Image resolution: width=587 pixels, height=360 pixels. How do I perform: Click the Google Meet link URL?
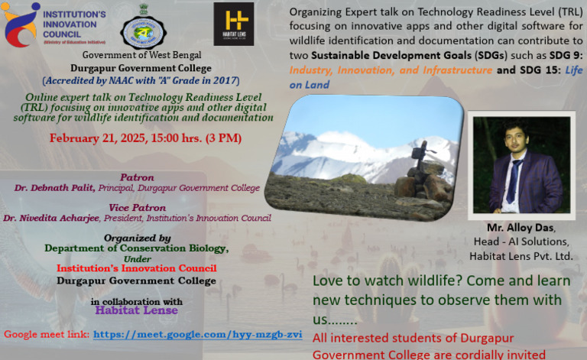click(197, 335)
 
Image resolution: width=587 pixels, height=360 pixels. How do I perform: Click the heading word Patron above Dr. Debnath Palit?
click(137, 177)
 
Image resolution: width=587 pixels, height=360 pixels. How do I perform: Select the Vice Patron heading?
click(138, 207)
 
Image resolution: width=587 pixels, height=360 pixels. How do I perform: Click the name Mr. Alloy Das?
click(521, 229)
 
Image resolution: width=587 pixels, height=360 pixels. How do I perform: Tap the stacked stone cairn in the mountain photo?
click(420, 173)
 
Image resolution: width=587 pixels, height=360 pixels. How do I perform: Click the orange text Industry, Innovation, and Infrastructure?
click(391, 70)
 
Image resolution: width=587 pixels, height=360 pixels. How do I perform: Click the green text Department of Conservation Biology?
click(136, 248)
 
